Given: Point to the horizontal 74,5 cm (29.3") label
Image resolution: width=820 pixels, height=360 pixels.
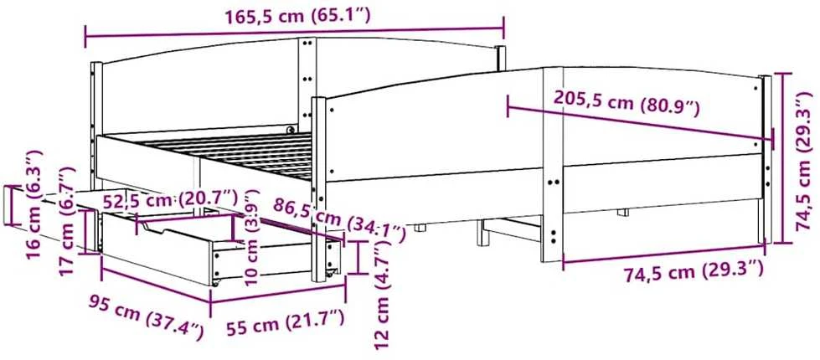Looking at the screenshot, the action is (x=694, y=272).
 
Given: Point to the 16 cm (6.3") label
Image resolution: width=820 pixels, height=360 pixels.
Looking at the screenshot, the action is (x=35, y=198).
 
